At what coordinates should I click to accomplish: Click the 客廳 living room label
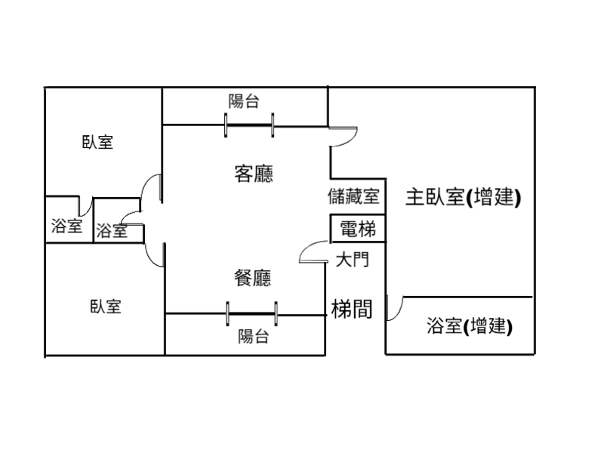click(254, 174)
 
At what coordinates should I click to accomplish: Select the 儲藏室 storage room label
click(353, 197)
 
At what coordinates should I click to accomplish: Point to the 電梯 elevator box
click(358, 229)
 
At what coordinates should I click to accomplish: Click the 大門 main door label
click(352, 260)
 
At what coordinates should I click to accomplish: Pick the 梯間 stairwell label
click(352, 308)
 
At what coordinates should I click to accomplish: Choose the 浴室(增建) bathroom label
click(470, 326)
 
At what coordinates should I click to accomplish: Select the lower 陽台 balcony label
click(253, 337)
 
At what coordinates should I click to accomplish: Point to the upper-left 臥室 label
click(97, 142)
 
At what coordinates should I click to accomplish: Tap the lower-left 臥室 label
click(106, 307)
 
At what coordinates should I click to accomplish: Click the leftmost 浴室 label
click(66, 226)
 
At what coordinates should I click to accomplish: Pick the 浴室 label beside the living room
click(112, 231)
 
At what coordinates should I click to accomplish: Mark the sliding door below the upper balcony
click(249, 125)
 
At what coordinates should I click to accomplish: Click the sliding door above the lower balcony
click(251, 313)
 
